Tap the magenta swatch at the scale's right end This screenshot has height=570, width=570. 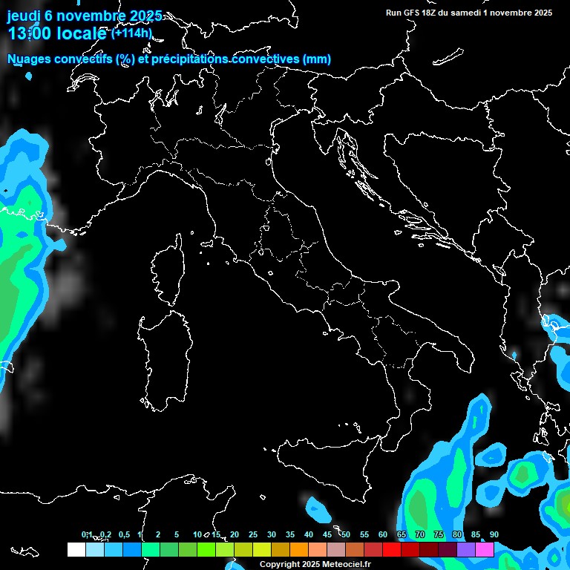pyautogui.click(x=485, y=549)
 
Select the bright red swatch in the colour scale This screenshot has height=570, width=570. pyautogui.click(x=392, y=549)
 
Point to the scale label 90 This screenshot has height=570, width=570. pyautogui.click(x=494, y=535)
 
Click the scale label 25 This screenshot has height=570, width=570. pyautogui.click(x=253, y=535)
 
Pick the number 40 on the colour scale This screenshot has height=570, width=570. pyautogui.click(x=309, y=535)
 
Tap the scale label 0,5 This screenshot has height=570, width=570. pyautogui.click(x=124, y=535)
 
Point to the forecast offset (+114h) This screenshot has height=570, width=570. pyautogui.click(x=132, y=33)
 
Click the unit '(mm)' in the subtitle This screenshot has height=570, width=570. pyautogui.click(x=317, y=59)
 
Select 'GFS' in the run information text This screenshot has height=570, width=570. pyautogui.click(x=411, y=13)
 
